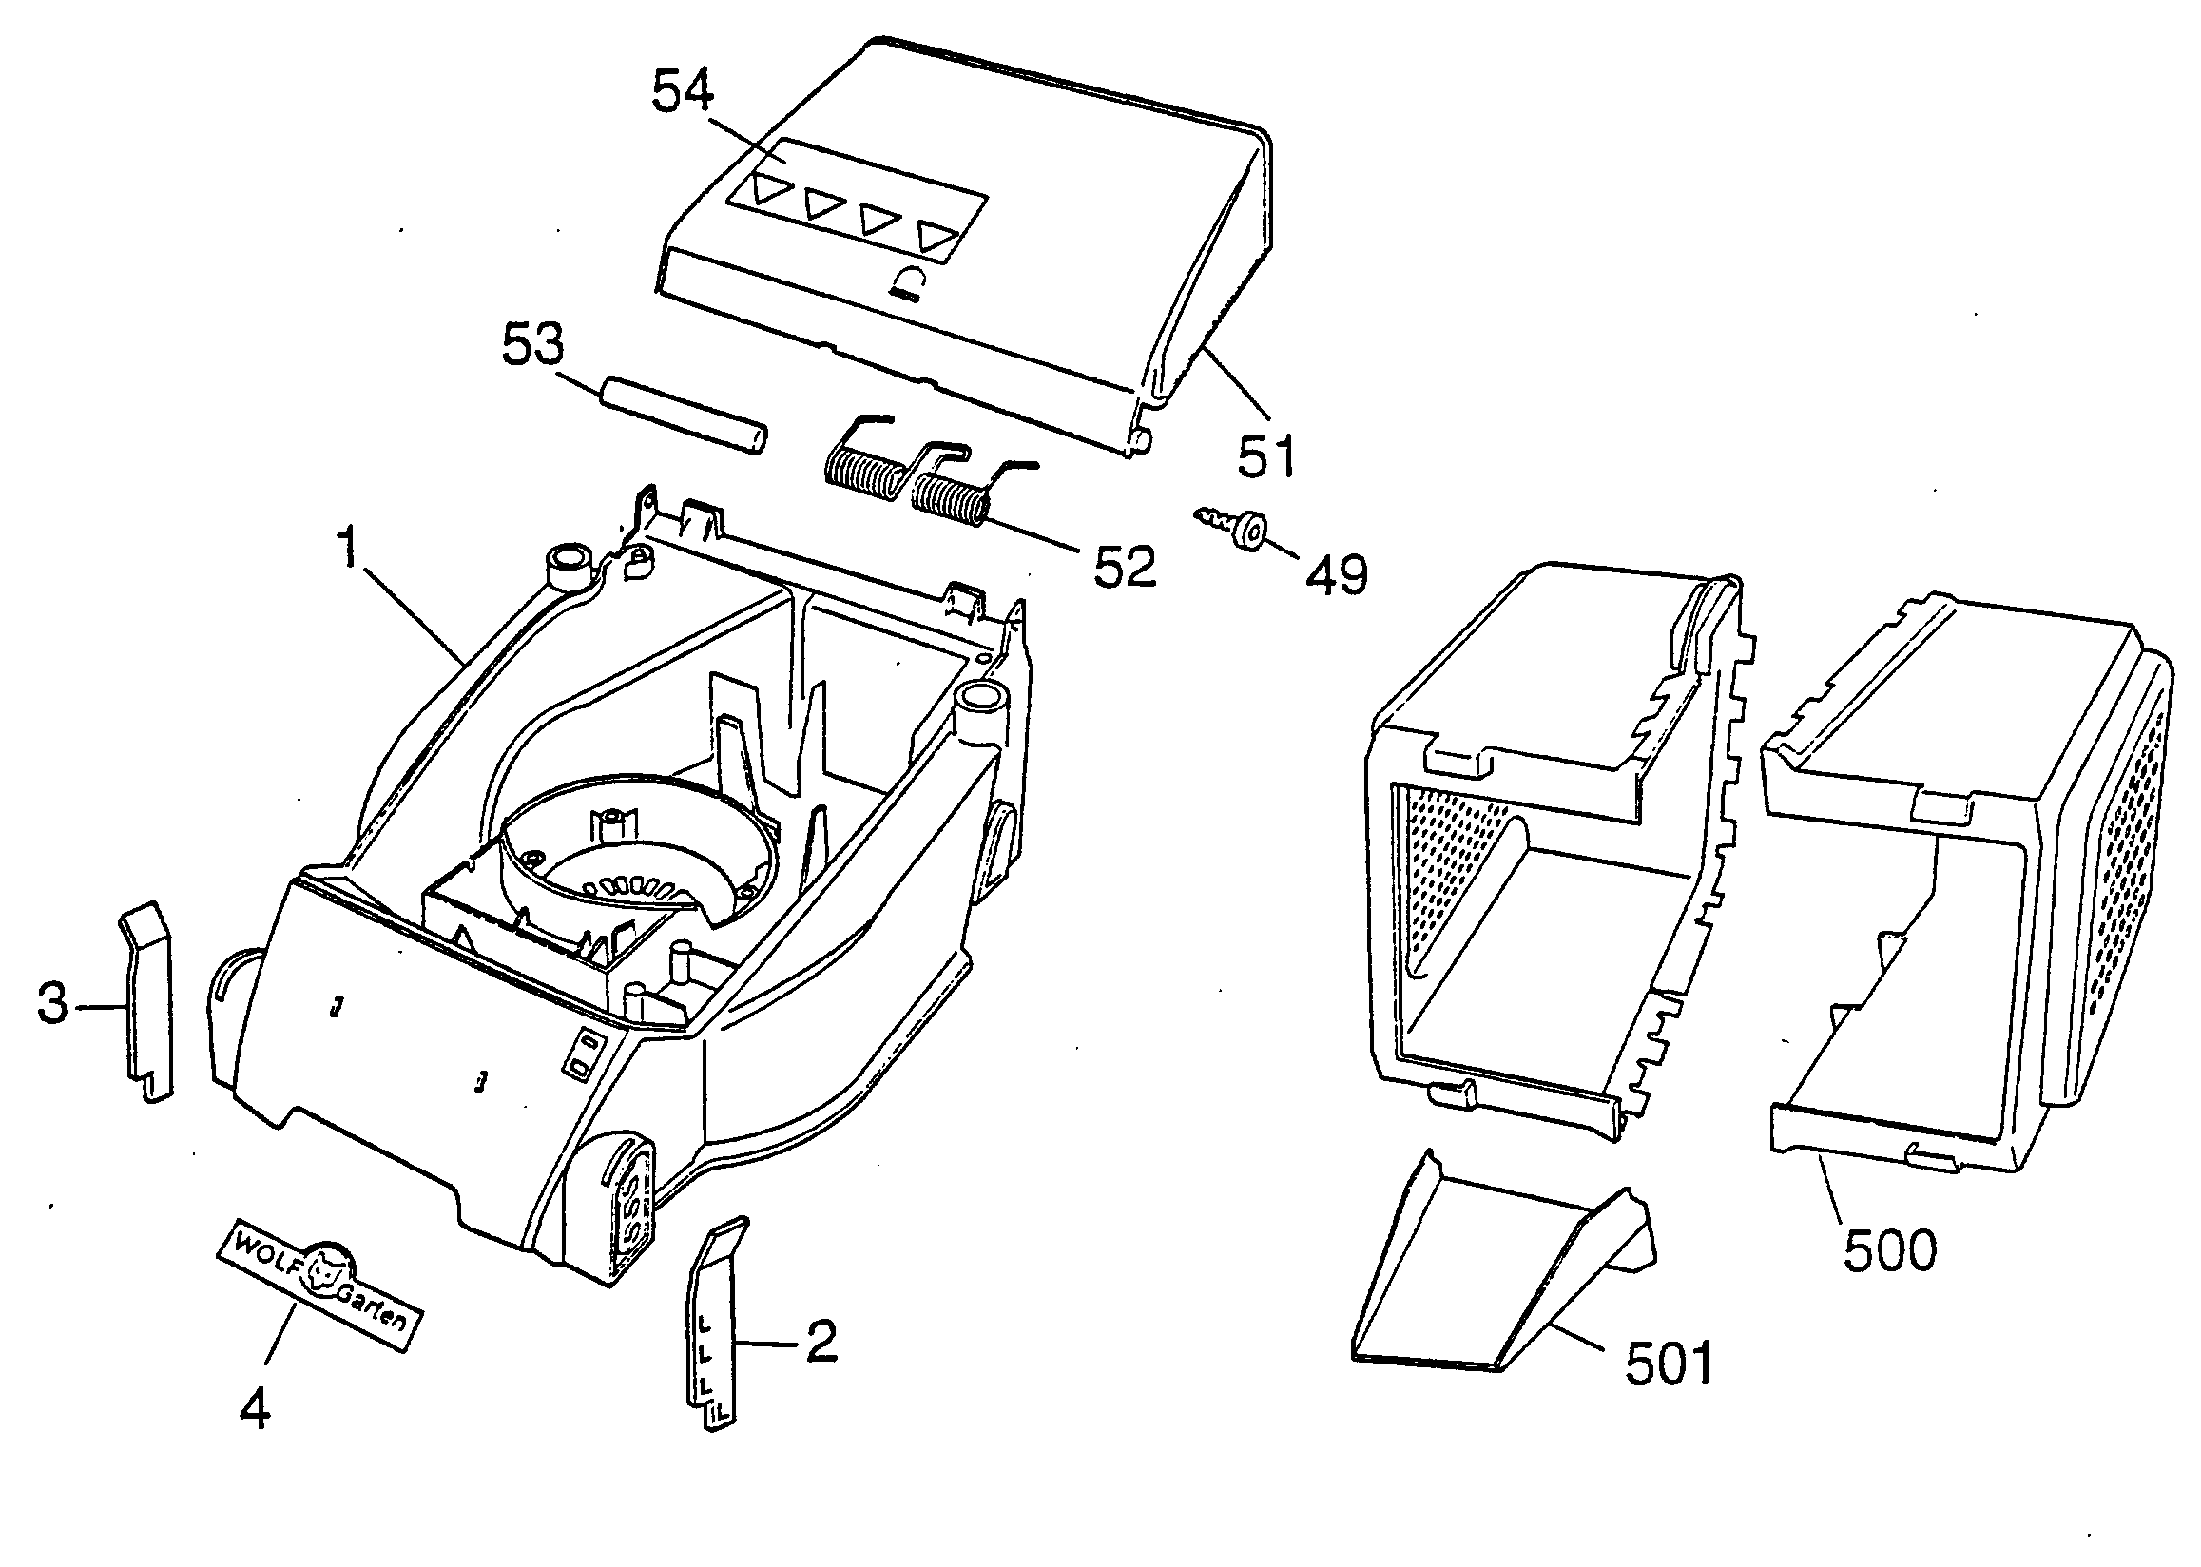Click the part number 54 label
tap(684, 92)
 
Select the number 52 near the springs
tap(1124, 567)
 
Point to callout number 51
tap(1267, 455)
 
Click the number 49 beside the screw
tap(1337, 575)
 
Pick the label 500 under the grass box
tap(1889, 1251)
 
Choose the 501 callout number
tap(1669, 1364)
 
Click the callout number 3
tap(52, 1002)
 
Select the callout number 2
tap(821, 1342)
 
